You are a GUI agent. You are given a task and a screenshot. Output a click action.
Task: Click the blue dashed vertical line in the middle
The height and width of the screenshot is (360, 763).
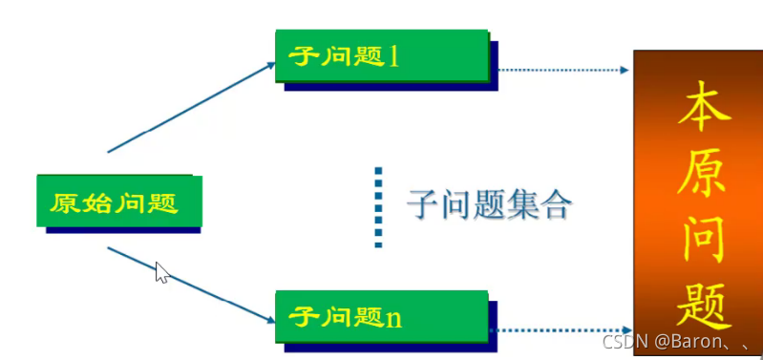(x=379, y=207)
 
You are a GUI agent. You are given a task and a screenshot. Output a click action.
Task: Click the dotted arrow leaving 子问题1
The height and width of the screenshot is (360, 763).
(x=563, y=70)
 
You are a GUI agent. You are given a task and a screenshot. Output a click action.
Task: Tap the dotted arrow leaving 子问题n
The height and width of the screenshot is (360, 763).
(x=563, y=331)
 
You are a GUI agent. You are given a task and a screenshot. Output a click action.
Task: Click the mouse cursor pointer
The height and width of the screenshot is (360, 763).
(x=161, y=272)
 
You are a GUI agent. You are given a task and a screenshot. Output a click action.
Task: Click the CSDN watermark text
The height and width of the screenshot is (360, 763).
(x=672, y=340)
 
